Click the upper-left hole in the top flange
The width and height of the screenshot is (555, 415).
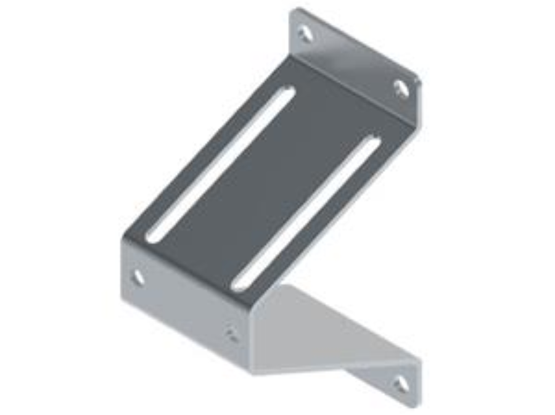click(x=305, y=33)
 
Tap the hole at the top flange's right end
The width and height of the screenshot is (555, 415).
click(x=401, y=89)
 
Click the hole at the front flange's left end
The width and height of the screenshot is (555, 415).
click(x=139, y=277)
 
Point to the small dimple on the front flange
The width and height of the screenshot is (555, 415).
click(x=232, y=335)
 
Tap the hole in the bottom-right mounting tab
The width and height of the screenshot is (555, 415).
click(x=401, y=384)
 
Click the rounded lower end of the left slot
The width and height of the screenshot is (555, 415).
click(x=152, y=236)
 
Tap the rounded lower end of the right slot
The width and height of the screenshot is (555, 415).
click(x=237, y=285)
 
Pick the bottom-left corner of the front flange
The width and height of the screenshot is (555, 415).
click(x=123, y=296)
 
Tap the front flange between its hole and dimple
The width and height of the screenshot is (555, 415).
click(x=185, y=305)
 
